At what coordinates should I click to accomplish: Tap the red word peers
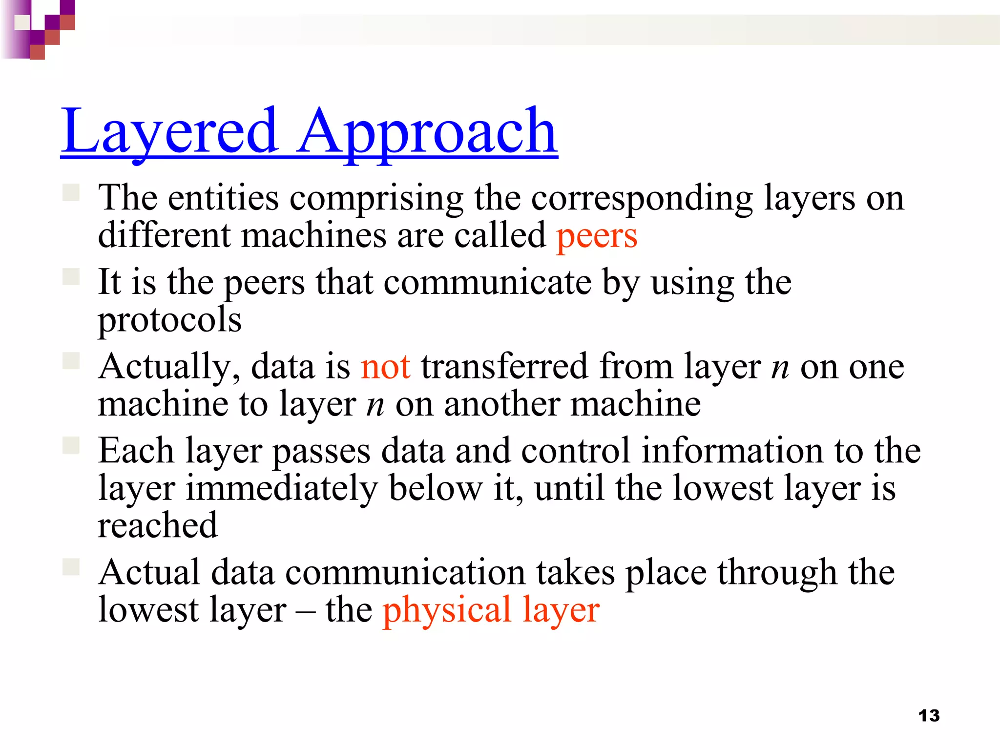tap(597, 236)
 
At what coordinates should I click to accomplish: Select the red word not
tap(385, 367)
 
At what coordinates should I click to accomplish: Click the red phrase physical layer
tap(491, 610)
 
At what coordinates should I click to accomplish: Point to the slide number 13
tap(929, 716)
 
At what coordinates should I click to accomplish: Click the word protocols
tap(169, 320)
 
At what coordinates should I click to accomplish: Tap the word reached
tap(157, 525)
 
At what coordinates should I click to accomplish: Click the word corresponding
tap(642, 199)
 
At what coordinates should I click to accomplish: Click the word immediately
tap(282, 488)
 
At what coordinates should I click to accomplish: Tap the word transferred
tap(504, 367)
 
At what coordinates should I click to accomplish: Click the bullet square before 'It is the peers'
tap(71, 277)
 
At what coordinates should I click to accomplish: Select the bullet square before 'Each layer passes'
tap(71, 445)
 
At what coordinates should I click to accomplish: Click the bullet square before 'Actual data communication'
tap(71, 567)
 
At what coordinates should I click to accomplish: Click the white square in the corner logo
tap(22, 22)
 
